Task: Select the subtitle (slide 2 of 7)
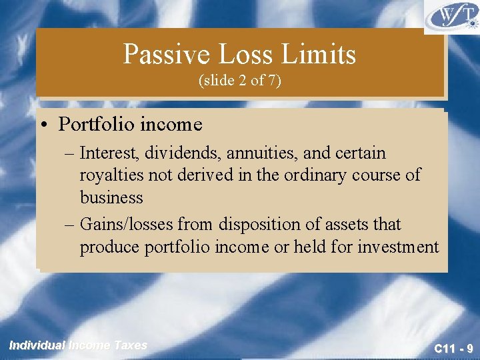[240, 81]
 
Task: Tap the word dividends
[184, 153]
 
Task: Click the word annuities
[262, 153]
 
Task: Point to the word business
[111, 197]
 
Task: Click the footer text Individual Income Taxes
[78, 345]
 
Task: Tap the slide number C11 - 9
[453, 348]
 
